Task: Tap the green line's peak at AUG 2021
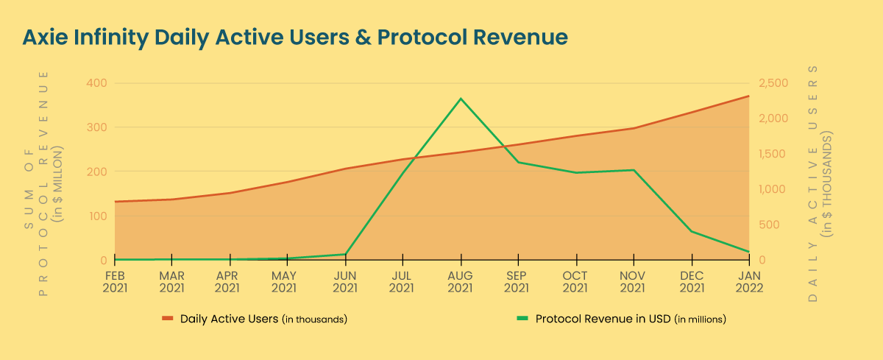click(x=461, y=99)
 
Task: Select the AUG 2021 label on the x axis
click(x=461, y=283)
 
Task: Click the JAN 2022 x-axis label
click(x=749, y=283)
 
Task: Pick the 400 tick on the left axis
click(x=97, y=83)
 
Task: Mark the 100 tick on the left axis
click(x=97, y=216)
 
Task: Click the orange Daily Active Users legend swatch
click(x=167, y=320)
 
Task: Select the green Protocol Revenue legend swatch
click(x=522, y=320)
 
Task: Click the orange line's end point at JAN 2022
click(x=749, y=96)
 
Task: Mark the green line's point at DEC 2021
click(x=692, y=231)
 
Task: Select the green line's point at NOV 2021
click(x=634, y=170)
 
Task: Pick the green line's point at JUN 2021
click(x=345, y=254)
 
